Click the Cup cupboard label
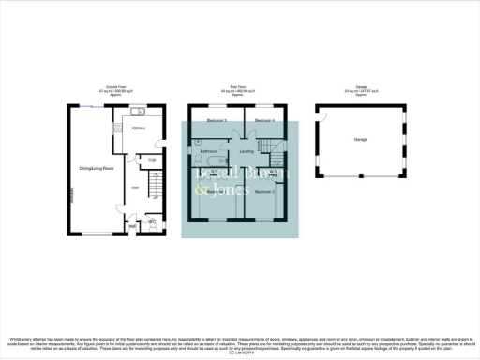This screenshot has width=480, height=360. pos(152,160)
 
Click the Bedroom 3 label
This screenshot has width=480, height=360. pos(217,122)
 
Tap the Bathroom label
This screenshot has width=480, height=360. pos(209,150)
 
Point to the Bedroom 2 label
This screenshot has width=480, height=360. pos(265,190)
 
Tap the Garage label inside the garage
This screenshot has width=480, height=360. pos(360,139)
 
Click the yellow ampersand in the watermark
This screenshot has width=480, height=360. pos(199,190)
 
